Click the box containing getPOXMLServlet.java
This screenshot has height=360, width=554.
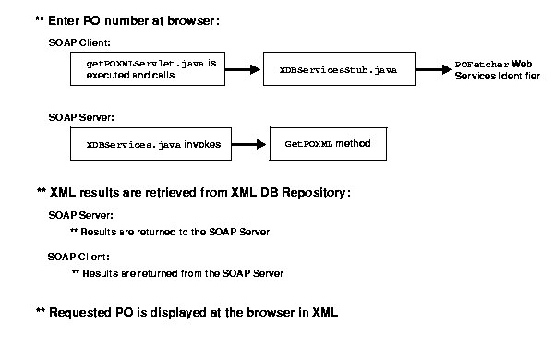pyautogui.click(x=148, y=69)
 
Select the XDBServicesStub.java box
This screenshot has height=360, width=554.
pyautogui.click(x=338, y=69)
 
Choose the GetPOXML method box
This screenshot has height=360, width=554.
pyautogui.click(x=327, y=144)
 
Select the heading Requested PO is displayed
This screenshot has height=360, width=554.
pyautogui.click(x=187, y=312)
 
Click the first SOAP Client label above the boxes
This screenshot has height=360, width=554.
pyautogui.click(x=78, y=42)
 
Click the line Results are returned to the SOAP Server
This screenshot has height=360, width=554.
pyautogui.click(x=170, y=232)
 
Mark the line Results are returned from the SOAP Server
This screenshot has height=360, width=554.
pyautogui.click(x=177, y=273)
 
